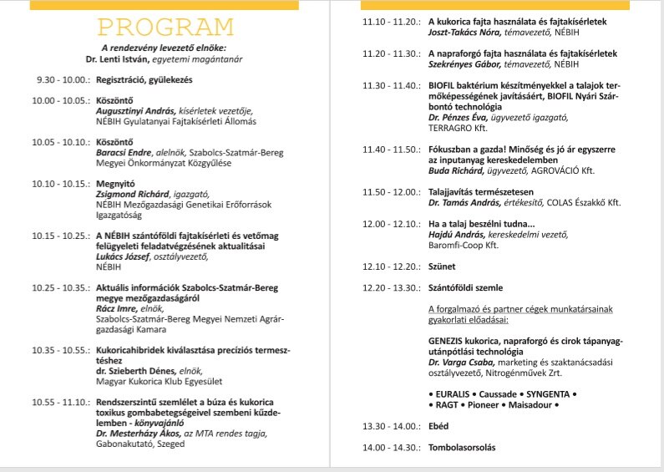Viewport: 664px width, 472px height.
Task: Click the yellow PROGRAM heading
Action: (x=165, y=28)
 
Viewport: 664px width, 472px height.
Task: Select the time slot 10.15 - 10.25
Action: (x=58, y=236)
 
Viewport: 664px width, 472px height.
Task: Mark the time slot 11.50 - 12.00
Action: (x=392, y=191)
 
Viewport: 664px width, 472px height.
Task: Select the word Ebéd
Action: (x=439, y=425)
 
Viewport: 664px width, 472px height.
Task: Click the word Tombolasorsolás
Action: (x=461, y=447)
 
